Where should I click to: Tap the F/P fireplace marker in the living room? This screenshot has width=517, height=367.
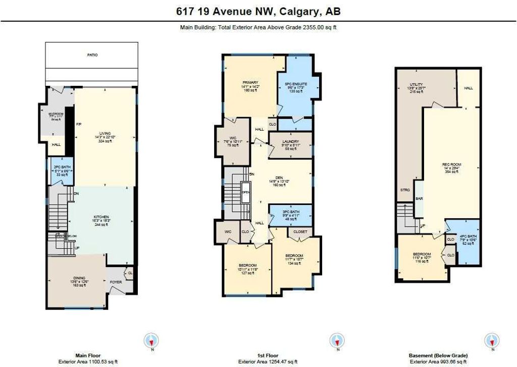[79, 124]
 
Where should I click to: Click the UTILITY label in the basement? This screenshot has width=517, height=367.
[417, 84]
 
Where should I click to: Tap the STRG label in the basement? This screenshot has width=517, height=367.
[404, 190]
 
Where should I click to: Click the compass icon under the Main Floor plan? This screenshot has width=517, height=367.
[152, 339]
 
